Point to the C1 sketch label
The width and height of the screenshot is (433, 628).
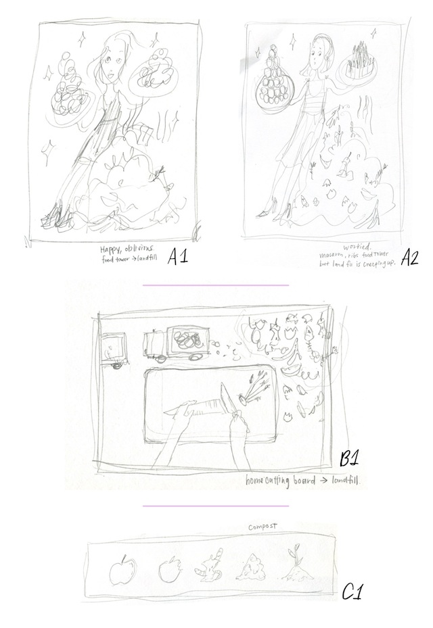click(x=353, y=592)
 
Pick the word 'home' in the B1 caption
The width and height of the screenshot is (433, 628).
click(x=262, y=482)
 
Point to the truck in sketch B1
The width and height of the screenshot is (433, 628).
click(x=172, y=345)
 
